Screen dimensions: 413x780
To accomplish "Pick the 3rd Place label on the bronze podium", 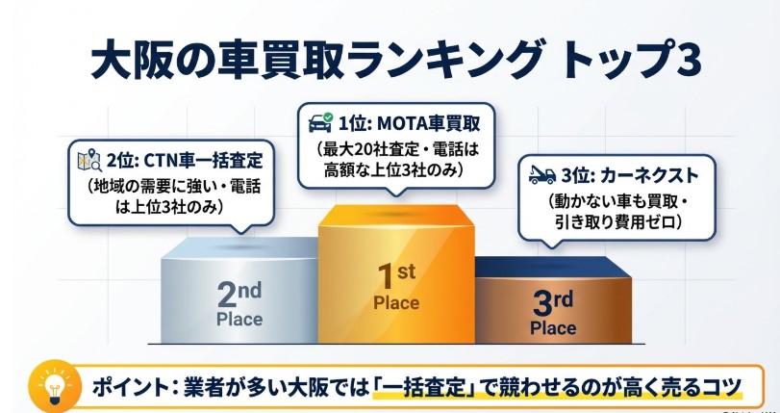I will tap(552, 312).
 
